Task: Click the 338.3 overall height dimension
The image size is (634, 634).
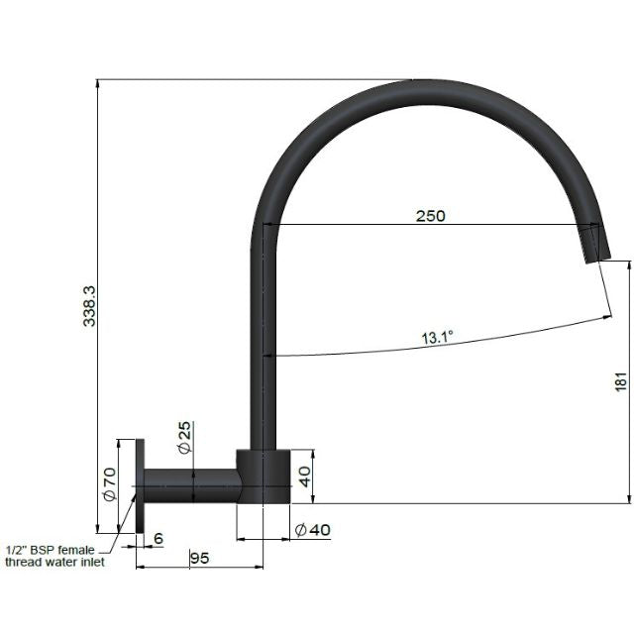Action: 90,306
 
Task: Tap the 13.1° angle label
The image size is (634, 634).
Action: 436,338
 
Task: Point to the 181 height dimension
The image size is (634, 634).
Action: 620,382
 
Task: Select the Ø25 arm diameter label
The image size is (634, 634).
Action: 185,439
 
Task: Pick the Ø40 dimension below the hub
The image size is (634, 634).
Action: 313,530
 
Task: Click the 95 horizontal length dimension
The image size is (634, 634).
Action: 199,558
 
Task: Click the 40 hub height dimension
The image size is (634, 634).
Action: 306,475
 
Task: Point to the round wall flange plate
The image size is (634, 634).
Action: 141,485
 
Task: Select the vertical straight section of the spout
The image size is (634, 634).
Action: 263,347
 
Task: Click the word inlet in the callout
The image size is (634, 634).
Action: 116,563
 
